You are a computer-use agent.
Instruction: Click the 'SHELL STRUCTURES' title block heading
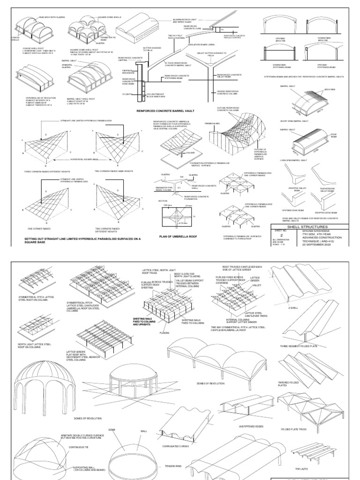click(x=312, y=226)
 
